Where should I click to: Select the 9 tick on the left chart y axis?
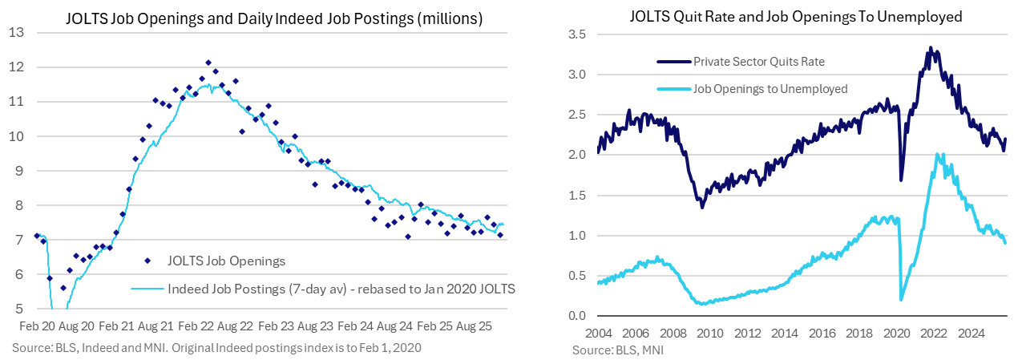point(18,171)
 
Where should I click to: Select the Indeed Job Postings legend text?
point(341,289)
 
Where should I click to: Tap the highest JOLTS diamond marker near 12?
point(208,63)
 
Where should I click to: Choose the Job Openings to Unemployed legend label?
point(770,89)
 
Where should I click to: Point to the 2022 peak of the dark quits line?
point(930,48)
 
